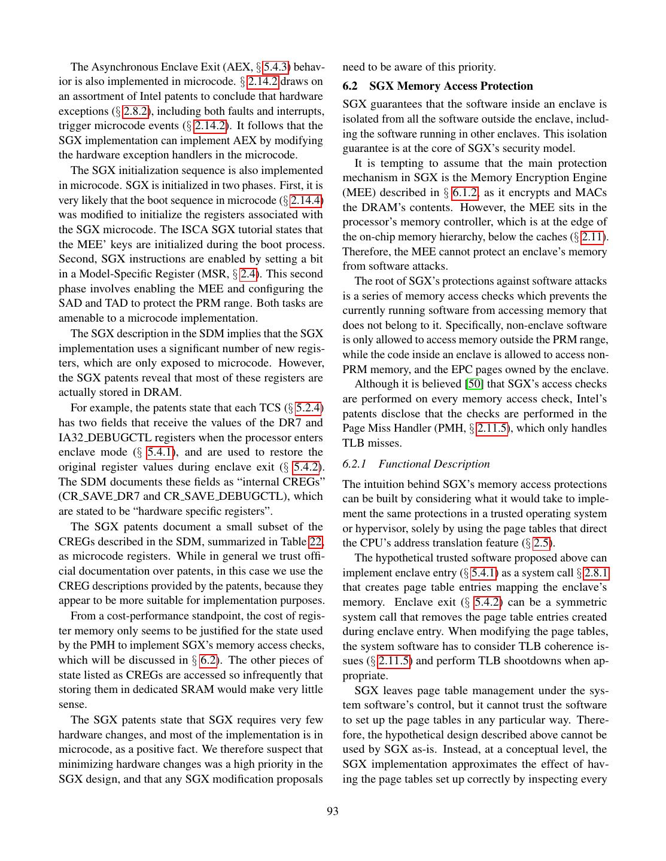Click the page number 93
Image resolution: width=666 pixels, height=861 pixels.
coord(333,811)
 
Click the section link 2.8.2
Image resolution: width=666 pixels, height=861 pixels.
coord(136,111)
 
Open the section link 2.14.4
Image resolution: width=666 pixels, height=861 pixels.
coord(306,200)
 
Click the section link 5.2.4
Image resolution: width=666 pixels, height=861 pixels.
coord(309,408)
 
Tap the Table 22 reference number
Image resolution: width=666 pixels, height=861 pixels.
coord(316,542)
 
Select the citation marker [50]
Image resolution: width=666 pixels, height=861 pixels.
coord(475,384)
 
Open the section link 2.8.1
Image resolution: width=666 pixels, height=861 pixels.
coord(596,573)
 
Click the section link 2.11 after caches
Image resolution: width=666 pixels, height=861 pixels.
coord(592,237)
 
